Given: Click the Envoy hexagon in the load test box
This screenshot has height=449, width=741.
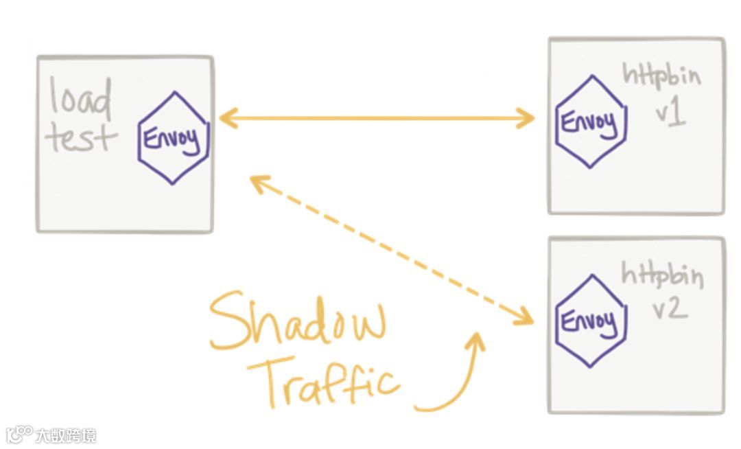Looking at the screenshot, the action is pos(173,138).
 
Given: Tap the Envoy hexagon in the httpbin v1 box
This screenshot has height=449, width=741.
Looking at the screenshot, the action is pos(590,122).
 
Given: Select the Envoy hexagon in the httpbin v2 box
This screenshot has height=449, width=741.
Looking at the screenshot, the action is pos(590,321).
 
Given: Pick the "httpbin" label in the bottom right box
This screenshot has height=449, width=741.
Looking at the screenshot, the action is pos(662,276).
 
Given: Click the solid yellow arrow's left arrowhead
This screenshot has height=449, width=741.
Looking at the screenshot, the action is pos(225,118).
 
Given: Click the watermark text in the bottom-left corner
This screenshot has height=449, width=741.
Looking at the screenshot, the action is pos(66,435).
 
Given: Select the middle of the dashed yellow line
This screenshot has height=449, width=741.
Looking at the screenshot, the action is pos(391,249).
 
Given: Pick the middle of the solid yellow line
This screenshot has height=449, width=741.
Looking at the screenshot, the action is pos(376,118).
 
